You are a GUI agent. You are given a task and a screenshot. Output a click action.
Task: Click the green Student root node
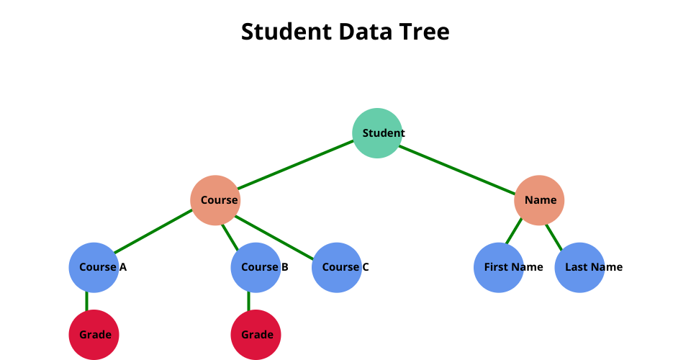pos(377,132)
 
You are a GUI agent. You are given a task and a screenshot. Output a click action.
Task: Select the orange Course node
pos(215,200)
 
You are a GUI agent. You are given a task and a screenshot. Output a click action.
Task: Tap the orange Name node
pos(539,200)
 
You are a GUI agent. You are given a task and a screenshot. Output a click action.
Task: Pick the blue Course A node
pos(94,267)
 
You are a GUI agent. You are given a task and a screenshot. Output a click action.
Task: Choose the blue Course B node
pos(256,267)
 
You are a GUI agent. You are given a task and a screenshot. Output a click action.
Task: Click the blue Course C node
pos(337,267)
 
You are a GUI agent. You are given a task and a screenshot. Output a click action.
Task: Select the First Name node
pos(499,267)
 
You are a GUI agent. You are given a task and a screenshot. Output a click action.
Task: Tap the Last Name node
pos(579,267)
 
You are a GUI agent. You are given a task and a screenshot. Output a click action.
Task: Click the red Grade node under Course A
pos(94,335)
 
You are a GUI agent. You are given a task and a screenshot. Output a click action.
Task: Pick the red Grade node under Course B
pos(256,335)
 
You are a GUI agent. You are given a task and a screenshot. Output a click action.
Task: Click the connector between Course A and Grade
pos(87,301)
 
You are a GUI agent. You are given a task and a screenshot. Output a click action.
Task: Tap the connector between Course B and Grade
pos(249,301)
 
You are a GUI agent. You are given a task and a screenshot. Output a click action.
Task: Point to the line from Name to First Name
pos(513,231)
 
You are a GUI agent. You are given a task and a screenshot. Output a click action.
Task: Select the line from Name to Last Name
pos(554,235)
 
